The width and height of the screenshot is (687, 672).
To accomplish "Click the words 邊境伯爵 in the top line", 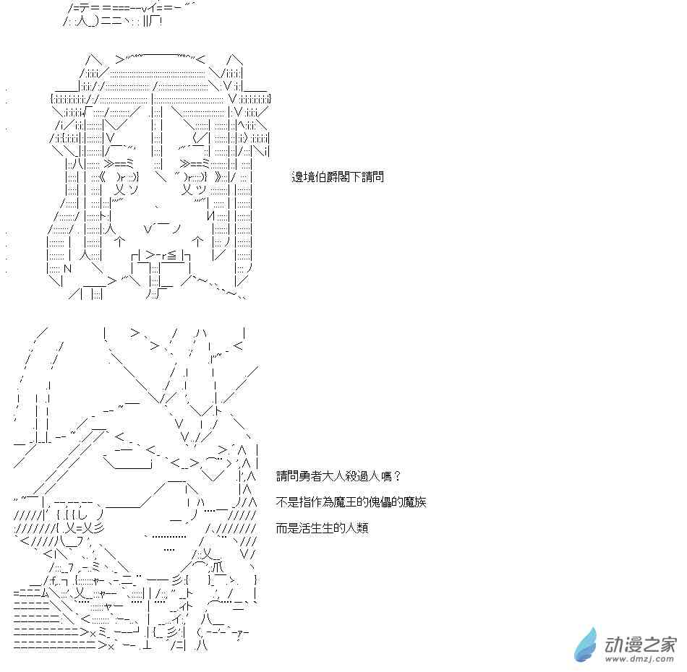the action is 315,177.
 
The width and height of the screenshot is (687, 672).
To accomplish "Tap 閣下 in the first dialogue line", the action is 349,177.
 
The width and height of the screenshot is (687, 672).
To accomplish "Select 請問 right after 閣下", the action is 373,177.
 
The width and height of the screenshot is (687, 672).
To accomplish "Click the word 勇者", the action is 311,476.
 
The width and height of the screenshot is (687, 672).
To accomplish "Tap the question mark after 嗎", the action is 398,476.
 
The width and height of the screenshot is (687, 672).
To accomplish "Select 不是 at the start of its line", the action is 287,501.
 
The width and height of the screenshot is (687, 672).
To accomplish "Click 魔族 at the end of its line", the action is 414,501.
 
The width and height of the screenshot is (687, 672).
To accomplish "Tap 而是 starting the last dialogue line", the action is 287,528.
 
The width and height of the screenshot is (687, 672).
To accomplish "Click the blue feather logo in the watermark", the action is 586,645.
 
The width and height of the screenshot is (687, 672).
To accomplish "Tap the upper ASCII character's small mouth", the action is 162,228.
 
